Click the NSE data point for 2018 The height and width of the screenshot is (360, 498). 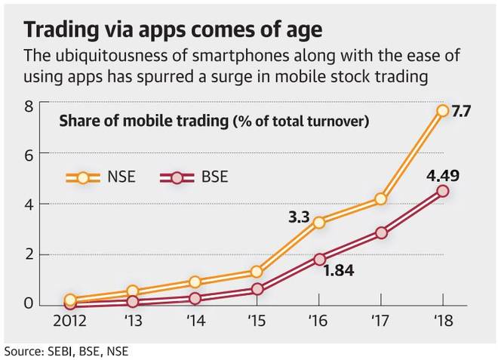point(442,111)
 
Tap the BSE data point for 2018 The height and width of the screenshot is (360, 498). point(442,191)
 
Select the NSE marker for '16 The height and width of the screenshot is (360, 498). point(318,222)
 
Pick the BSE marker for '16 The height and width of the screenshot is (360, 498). point(318,258)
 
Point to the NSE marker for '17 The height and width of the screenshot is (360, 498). point(380,199)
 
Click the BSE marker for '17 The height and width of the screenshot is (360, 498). point(380,233)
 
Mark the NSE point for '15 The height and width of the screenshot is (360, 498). point(257,272)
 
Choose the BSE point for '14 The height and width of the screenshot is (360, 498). point(195,298)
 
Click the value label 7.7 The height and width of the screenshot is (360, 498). point(461,112)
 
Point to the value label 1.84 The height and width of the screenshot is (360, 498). point(339,269)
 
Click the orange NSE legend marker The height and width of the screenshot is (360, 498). point(83,177)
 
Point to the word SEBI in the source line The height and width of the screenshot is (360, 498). point(61,351)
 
